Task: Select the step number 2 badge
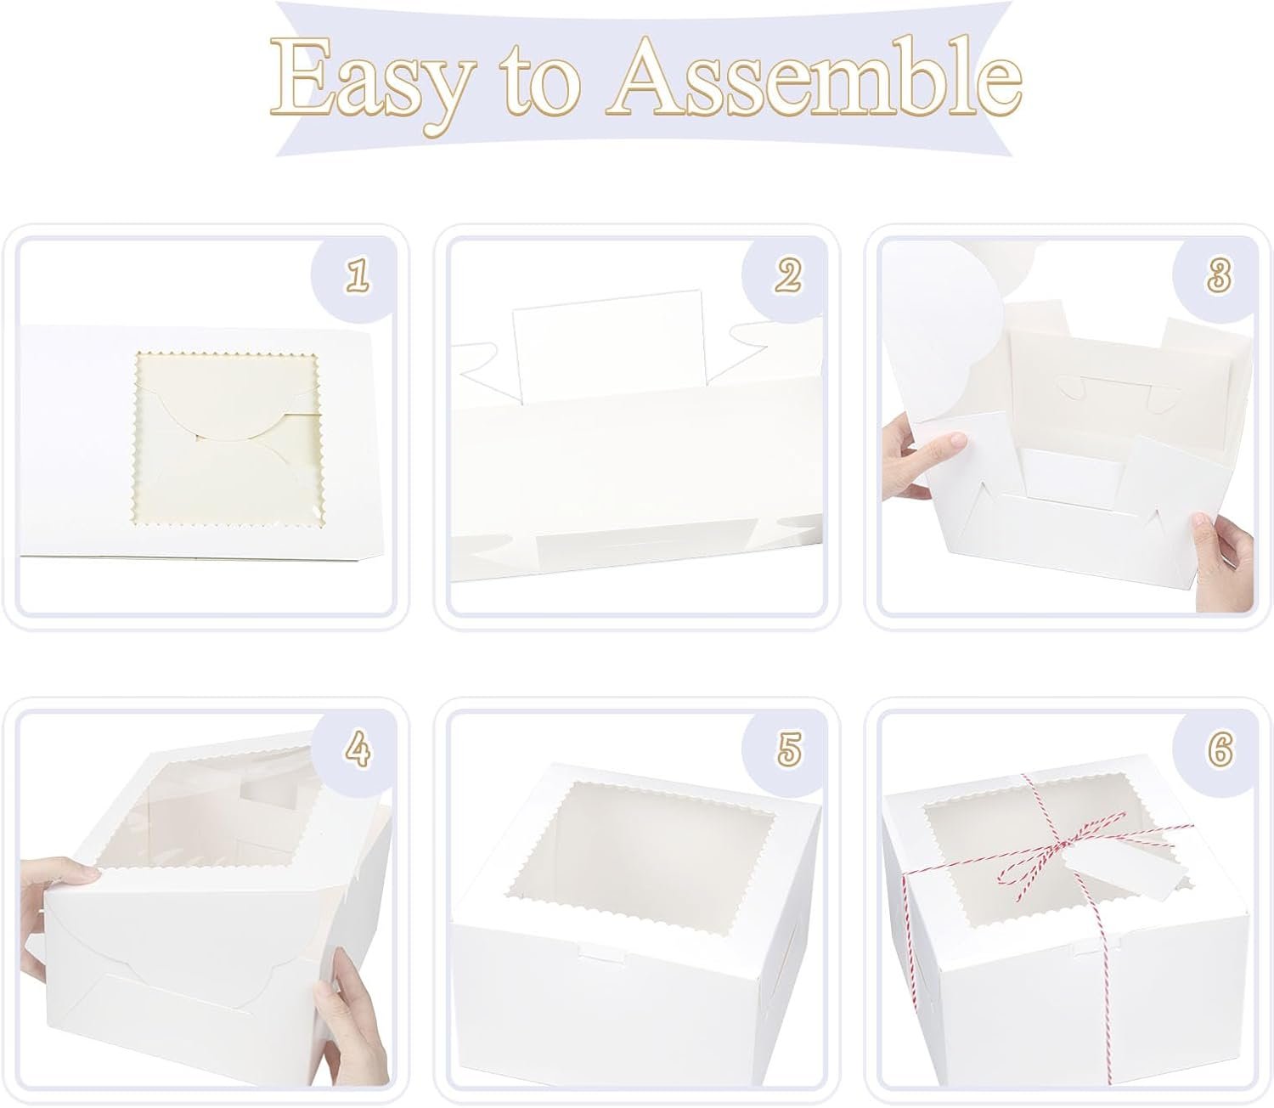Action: click(788, 275)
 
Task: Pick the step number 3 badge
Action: click(1219, 275)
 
